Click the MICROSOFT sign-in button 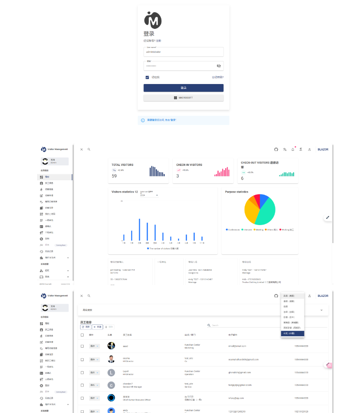pyautogui.click(x=184, y=98)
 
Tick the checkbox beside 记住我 pyautogui.click(x=147, y=77)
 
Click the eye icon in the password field pyautogui.click(x=218, y=66)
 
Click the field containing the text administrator pyautogui.click(x=183, y=52)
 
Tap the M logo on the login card pyautogui.click(x=152, y=20)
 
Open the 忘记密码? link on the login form pyautogui.click(x=218, y=77)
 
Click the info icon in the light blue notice pyautogui.click(x=143, y=120)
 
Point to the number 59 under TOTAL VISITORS pyautogui.click(x=114, y=176)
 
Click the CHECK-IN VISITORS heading pyautogui.click(x=189, y=165)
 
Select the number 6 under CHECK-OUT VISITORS pyautogui.click(x=242, y=178)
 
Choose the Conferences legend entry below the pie pyautogui.click(x=233, y=230)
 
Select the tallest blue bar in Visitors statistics pyautogui.click(x=139, y=229)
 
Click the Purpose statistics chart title pyautogui.click(x=237, y=192)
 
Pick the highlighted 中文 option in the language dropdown pyautogui.click(x=292, y=333)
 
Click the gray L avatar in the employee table pyautogui.click(x=111, y=373)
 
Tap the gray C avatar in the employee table pyautogui.click(x=111, y=385)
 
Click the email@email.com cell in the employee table pyautogui.click(x=237, y=346)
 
